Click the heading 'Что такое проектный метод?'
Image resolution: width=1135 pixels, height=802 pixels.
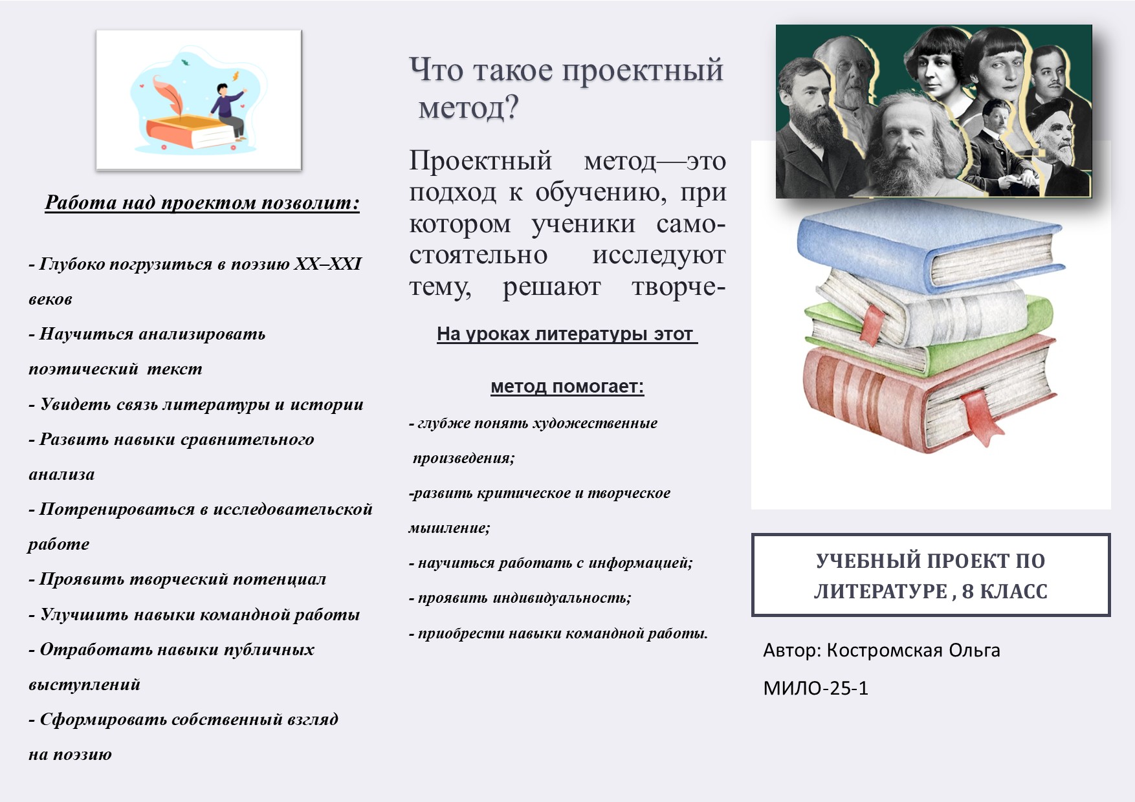tap(566, 89)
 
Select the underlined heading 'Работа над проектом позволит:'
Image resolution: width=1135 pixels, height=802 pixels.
tap(202, 202)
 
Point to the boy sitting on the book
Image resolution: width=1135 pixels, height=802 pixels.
tap(228, 109)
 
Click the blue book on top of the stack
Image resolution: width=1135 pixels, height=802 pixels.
tap(931, 249)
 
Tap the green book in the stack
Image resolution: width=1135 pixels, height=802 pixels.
tap(932, 336)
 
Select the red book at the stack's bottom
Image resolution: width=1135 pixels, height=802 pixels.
tap(929, 395)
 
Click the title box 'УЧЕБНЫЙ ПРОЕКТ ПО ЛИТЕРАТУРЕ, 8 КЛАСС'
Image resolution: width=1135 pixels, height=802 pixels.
tap(931, 575)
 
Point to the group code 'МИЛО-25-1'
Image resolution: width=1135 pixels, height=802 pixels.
tap(815, 688)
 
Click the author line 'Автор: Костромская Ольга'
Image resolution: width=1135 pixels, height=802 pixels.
tap(881, 650)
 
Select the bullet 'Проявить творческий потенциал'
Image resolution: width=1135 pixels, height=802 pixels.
tap(177, 579)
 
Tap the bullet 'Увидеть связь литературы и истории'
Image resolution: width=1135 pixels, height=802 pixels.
tap(196, 404)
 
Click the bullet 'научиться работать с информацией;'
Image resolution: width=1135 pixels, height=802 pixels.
tap(551, 563)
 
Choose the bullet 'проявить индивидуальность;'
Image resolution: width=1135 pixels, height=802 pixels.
tap(520, 598)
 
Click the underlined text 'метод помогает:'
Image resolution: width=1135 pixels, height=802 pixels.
tap(567, 386)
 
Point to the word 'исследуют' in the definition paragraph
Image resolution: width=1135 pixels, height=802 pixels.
tap(659, 255)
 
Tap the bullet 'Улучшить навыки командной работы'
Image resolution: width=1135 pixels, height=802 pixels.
tap(194, 614)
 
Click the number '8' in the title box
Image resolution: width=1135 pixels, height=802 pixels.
tap(967, 591)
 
